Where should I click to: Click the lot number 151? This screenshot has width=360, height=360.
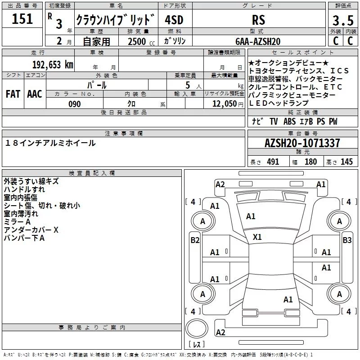coord(22,19)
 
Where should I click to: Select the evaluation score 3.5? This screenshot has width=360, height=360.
coord(343,21)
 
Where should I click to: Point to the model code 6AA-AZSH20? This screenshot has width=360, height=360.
coord(258,41)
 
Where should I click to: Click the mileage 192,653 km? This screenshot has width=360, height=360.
coord(53,64)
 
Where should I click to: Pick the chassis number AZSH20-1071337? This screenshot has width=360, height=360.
coord(302,143)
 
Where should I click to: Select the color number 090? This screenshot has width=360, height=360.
coord(74,104)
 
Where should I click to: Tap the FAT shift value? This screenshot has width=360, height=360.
coord(13,94)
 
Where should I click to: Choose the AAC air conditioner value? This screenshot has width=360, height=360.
coord(34,94)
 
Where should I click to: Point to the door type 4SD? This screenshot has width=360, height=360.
coord(175,20)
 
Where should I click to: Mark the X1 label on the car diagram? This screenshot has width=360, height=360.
coord(257,237)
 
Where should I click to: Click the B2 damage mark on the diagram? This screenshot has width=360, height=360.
coord(195,240)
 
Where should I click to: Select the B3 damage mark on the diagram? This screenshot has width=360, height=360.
coord(347,240)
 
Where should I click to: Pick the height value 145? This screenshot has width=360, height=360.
coord(346,162)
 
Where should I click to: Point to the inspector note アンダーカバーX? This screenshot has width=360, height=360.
coord(31,229)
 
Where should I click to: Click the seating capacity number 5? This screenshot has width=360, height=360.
coord(187,85)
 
